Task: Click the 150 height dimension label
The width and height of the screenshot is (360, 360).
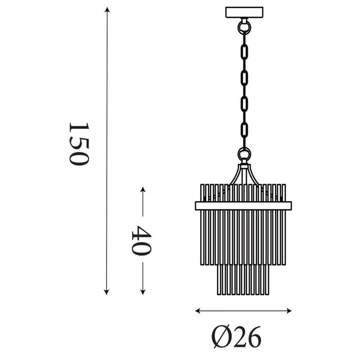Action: (78, 144)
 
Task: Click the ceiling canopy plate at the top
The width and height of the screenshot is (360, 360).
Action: (244, 12)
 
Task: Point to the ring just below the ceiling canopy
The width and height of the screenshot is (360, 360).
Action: (244, 27)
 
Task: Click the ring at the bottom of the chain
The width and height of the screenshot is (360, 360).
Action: (244, 155)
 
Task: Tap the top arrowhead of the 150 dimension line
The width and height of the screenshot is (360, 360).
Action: (107, 10)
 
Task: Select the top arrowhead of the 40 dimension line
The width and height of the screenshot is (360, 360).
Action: (143, 190)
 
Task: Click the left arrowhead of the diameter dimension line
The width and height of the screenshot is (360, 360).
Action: (198, 311)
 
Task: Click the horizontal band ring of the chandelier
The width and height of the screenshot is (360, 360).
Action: (243, 206)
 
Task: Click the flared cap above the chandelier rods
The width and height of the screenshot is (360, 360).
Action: (244, 174)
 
